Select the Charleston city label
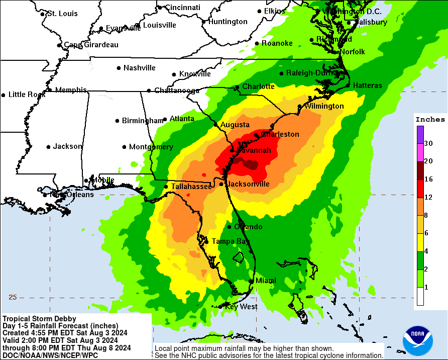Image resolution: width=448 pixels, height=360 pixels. point(279,134)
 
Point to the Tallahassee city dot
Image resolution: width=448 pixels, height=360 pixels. point(166,187)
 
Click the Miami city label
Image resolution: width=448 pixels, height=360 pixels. point(266,280)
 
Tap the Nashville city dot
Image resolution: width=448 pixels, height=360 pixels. point(119,68)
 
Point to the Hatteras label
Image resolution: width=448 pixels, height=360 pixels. point(367,85)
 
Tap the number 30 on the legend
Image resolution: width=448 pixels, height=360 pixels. point(428,143)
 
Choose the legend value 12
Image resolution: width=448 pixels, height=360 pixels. point(428,197)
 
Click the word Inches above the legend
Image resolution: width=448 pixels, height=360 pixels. point(430,119)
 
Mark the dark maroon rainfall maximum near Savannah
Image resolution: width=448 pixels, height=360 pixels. point(248,163)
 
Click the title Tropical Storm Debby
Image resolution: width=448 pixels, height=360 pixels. point(39,318)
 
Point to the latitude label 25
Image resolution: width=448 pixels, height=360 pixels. point(13,297)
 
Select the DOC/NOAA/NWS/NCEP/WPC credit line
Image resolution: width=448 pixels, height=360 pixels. point(50,355)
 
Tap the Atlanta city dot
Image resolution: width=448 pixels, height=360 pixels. point(165,119)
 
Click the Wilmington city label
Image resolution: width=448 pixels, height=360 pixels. point(324,106)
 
